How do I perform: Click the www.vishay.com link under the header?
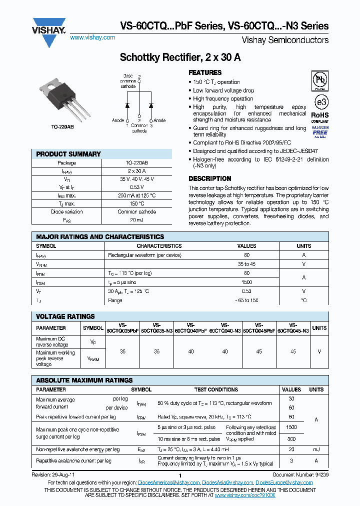point(93,37)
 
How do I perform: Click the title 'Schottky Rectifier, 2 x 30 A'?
point(179,57)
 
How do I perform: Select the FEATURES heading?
point(205,72)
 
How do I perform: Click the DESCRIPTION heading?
point(209,178)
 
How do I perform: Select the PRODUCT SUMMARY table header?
point(68,154)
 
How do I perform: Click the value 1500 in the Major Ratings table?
point(246,282)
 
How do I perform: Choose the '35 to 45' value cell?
point(246,264)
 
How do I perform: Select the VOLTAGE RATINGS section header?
point(65,316)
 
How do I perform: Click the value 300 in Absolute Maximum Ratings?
point(291,438)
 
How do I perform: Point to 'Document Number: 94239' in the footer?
point(300,474)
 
